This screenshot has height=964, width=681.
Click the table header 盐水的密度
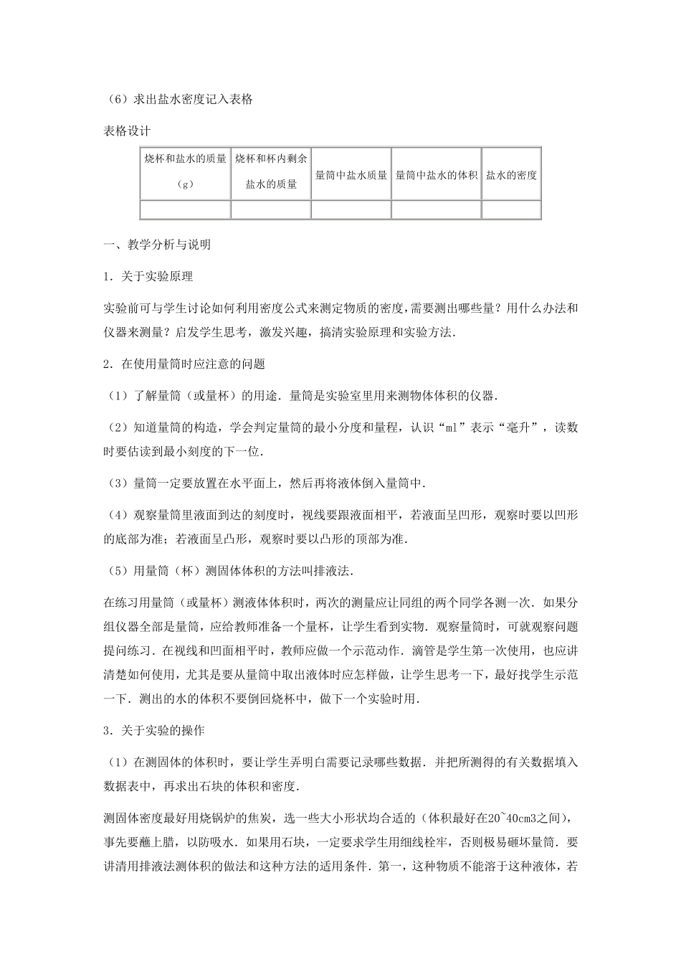pos(511,174)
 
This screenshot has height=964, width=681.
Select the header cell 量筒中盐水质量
pos(351,174)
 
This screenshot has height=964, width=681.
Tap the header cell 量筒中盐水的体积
pos(436,174)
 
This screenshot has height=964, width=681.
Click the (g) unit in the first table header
pos(185,184)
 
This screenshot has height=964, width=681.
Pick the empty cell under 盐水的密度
pos(511,209)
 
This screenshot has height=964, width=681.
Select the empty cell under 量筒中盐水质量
pos(351,209)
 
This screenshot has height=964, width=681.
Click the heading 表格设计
pos(127,131)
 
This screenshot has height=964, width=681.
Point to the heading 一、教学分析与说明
pos(157,245)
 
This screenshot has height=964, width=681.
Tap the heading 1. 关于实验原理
pos(148,277)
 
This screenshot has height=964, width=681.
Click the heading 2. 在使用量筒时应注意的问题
pos(184,364)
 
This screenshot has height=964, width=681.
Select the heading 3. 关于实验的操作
pos(154,731)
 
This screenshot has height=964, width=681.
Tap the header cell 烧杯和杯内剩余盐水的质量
pos(271,174)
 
